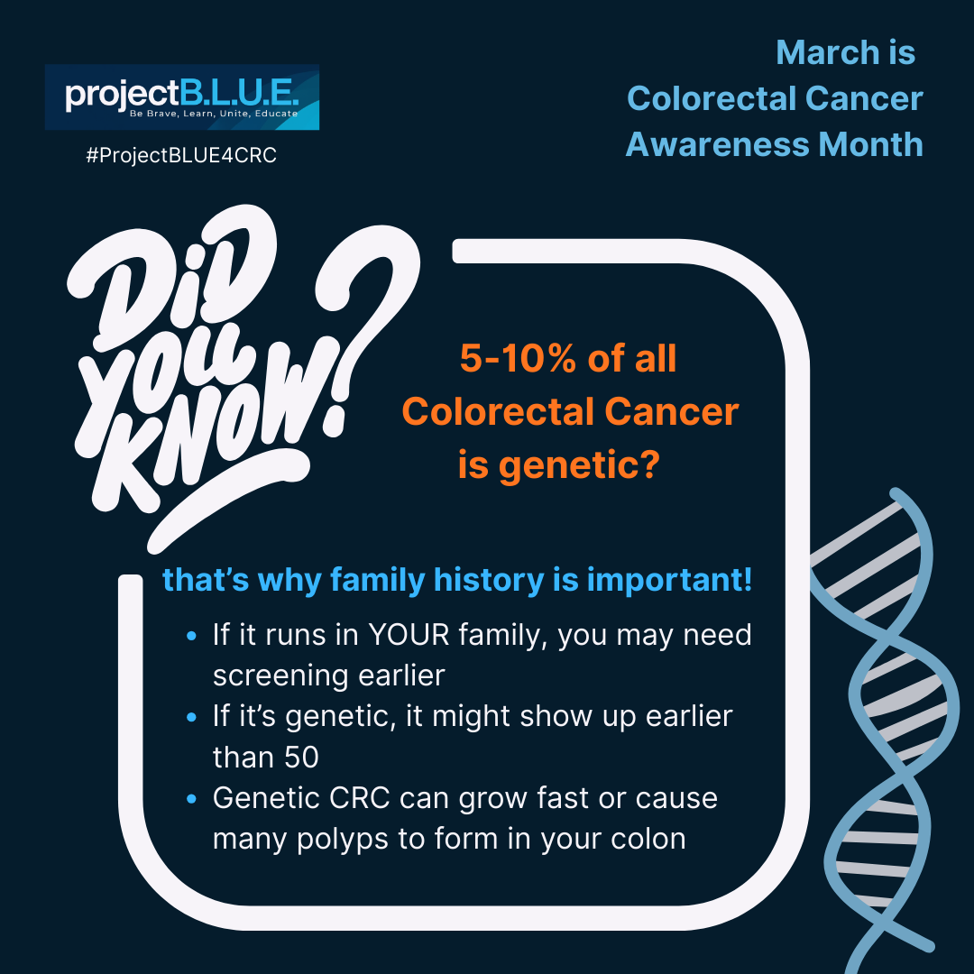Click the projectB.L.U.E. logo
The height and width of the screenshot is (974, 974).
[182, 97]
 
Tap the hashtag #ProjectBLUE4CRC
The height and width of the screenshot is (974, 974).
[180, 156]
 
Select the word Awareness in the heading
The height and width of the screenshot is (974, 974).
[713, 144]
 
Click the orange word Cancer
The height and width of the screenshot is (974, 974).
[672, 413]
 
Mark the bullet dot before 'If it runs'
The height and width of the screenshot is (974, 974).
[190, 637]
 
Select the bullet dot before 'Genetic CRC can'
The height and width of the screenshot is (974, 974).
[190, 800]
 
